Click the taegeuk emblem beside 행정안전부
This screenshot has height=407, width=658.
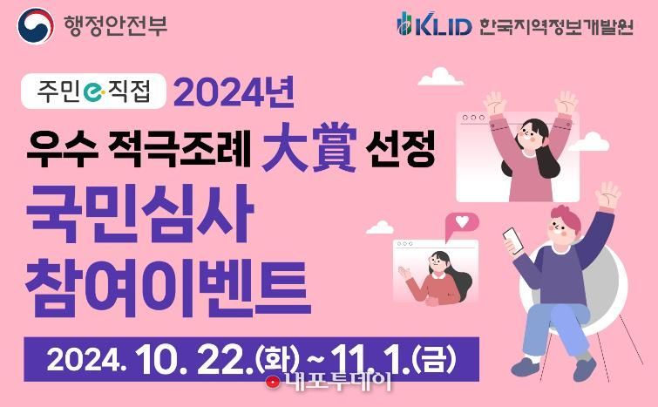point(36,25)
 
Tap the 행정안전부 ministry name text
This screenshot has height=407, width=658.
point(115,25)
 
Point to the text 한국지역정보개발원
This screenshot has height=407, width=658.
point(556,26)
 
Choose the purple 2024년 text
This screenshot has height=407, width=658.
point(234,92)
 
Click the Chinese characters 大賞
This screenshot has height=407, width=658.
point(309,147)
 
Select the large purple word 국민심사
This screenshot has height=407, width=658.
point(140,214)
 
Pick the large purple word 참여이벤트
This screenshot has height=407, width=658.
point(168,288)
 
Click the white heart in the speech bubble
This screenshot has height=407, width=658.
point(462,221)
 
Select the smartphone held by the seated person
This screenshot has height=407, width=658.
point(513,240)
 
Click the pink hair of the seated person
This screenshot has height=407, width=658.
point(566,215)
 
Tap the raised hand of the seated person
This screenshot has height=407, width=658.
point(607,194)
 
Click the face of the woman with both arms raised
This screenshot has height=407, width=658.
point(529,134)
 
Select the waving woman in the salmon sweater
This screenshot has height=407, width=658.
point(437,278)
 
